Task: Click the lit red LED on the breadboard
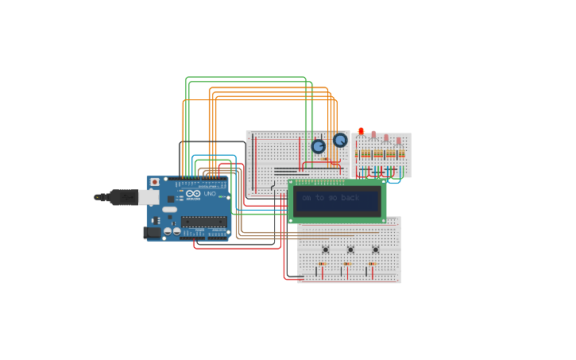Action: coord(361,131)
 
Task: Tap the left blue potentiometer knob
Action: coord(319,146)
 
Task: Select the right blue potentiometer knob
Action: coord(340,140)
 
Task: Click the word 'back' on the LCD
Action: coord(350,198)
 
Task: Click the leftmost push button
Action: coord(325,250)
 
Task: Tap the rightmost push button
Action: coord(376,250)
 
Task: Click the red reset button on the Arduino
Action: coord(155,182)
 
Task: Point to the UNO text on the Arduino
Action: coord(210,194)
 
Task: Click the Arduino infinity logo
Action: coord(193,194)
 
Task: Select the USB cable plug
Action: coord(119,197)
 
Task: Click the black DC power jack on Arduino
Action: coord(150,232)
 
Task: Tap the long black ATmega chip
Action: coord(203,221)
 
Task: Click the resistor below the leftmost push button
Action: coord(322,264)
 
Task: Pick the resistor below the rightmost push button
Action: coord(372,264)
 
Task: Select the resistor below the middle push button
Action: coord(347,264)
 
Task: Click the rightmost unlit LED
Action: coord(399,141)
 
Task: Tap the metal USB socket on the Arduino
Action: coord(149,196)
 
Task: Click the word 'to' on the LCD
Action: coord(319,198)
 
